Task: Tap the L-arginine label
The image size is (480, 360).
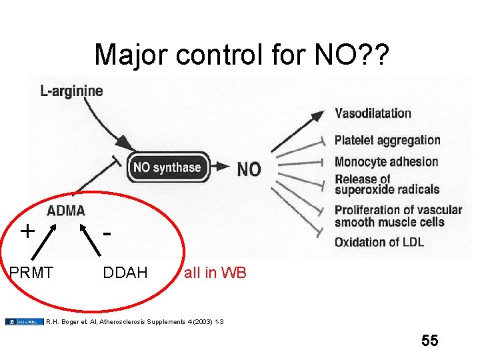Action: [72, 91]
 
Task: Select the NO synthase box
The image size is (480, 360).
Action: [167, 167]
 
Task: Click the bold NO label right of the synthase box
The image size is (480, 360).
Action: [249, 169]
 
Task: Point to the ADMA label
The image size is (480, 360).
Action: [66, 211]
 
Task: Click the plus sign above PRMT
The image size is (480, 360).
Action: [27, 231]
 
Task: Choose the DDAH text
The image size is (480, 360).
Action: [125, 273]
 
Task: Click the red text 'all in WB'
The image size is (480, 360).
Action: [215, 273]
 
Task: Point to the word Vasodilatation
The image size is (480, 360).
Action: [373, 113]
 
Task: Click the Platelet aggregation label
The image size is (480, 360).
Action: [387, 141]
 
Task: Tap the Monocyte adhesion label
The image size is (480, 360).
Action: [386, 161]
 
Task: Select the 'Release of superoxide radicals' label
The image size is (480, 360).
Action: [387, 184]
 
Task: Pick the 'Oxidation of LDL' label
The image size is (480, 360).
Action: [379, 241]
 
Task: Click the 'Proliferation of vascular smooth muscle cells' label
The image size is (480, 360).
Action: [398, 215]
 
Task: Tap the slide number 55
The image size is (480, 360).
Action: [430, 341]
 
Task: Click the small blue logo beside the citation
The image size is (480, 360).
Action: [24, 321]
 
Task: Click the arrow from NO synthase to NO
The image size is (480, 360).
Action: [222, 167]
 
